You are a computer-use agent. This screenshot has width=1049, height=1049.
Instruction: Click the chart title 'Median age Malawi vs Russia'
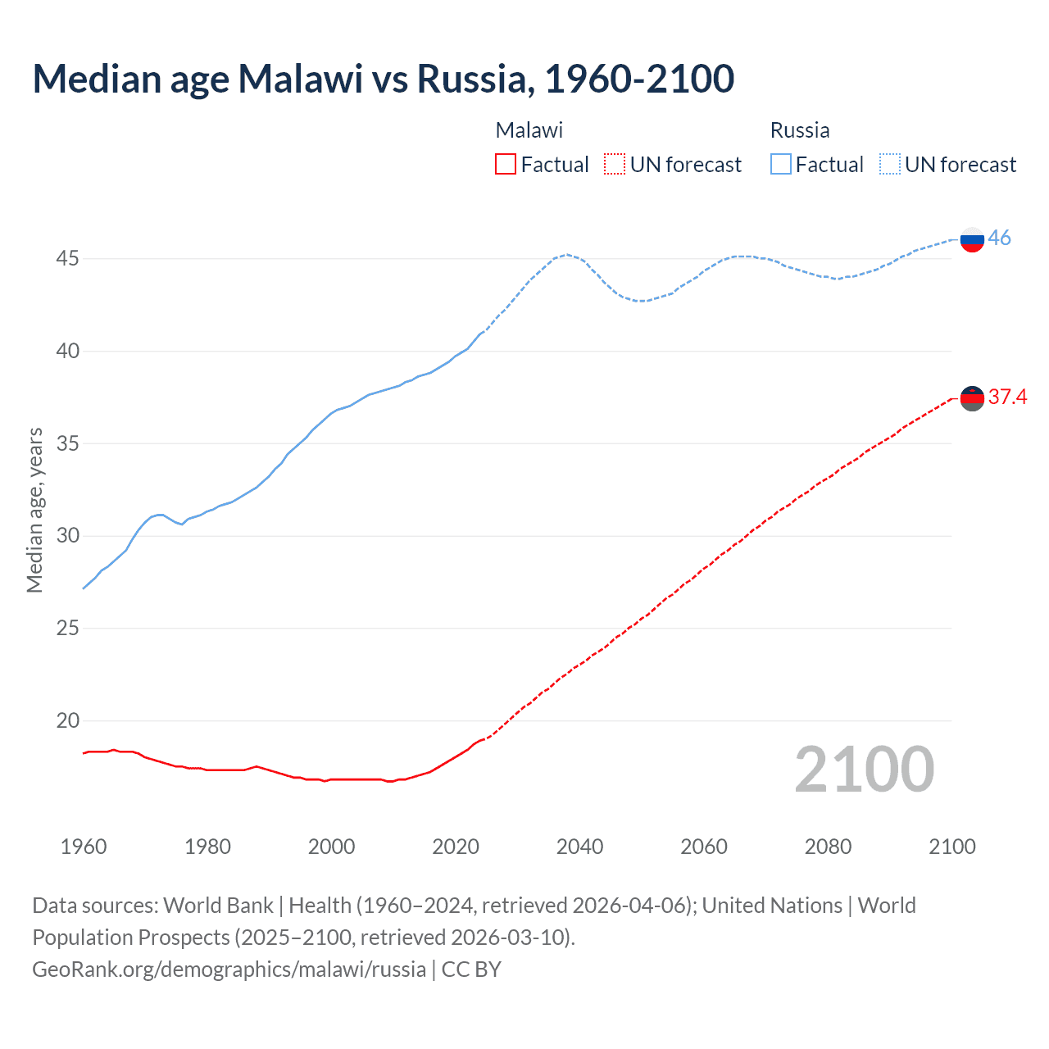tap(383, 79)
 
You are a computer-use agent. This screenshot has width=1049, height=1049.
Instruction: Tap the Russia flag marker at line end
tap(972, 240)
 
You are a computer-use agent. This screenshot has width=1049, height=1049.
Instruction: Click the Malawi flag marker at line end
tap(972, 398)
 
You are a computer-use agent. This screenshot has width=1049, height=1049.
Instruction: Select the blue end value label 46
tap(999, 238)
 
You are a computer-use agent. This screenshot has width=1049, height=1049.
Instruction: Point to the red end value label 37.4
tap(1007, 397)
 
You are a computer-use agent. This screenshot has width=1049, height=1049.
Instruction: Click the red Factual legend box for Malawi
tap(506, 164)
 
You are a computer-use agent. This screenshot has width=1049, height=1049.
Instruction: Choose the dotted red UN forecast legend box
tap(615, 164)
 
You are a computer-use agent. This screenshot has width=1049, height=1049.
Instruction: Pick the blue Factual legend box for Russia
tap(780, 164)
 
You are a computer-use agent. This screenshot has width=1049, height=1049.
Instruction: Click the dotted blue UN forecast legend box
tap(889, 164)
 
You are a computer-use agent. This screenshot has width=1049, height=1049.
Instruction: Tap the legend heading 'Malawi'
tap(529, 130)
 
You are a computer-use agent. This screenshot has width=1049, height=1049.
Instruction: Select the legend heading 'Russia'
tap(800, 130)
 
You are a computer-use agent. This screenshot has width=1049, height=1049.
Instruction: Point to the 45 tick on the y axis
tap(67, 259)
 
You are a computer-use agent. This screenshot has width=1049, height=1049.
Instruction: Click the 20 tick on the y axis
tap(67, 721)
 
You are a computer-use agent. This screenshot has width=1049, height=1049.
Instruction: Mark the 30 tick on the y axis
tap(67, 536)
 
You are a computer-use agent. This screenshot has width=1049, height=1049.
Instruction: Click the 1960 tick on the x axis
tap(84, 847)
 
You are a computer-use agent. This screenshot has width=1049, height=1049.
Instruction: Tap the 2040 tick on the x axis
tap(579, 847)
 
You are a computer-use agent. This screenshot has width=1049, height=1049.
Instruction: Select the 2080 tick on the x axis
tap(828, 847)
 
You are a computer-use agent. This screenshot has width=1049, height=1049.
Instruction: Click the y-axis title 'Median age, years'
tap(34, 510)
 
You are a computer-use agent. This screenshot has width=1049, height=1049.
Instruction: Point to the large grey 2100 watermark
tap(864, 769)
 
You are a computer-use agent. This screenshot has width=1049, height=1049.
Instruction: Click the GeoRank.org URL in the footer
tap(229, 970)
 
